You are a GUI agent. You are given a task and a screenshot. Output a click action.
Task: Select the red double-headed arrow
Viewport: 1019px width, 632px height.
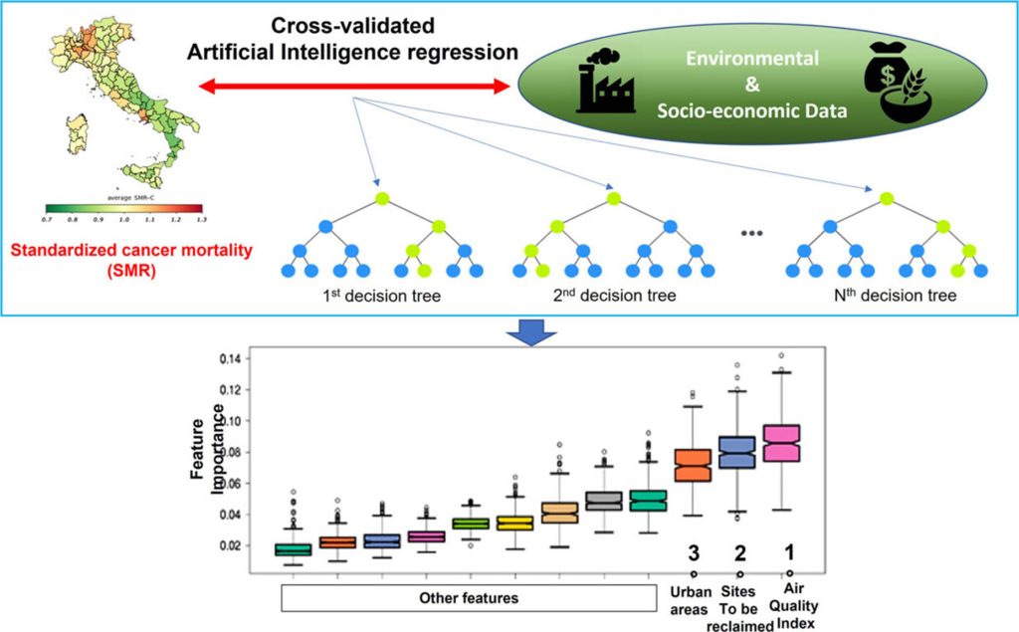[354, 88]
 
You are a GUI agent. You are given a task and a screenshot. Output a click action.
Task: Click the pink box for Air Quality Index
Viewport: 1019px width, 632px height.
[781, 443]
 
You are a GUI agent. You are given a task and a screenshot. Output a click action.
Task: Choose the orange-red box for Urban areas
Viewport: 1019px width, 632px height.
[693, 466]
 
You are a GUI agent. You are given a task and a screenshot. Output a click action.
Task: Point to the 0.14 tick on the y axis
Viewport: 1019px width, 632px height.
[228, 357]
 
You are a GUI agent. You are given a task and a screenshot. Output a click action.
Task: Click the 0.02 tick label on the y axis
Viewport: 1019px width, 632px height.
[228, 545]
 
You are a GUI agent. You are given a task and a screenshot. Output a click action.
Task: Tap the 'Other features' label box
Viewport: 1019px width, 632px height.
[468, 598]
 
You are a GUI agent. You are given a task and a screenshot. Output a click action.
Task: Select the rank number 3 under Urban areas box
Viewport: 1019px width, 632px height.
[694, 551]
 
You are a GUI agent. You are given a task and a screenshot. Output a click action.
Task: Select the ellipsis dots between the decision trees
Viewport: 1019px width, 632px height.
[750, 233]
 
